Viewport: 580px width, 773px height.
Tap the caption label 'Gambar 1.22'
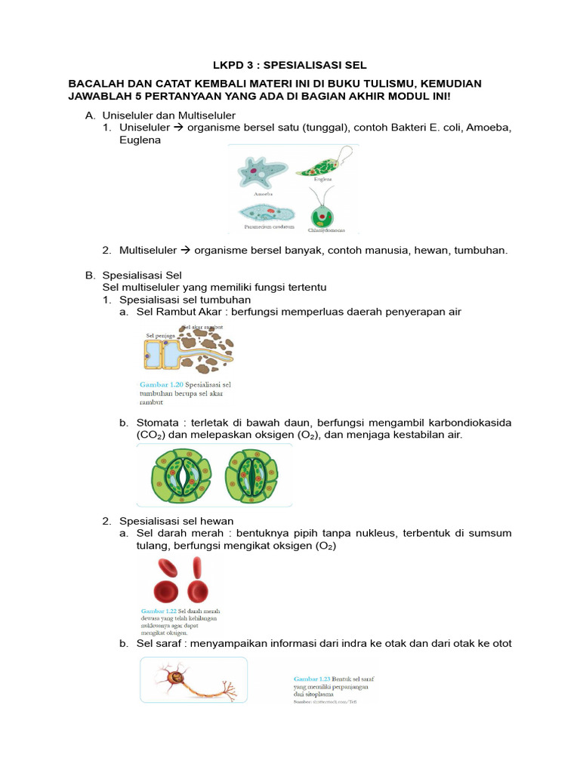[x=159, y=610]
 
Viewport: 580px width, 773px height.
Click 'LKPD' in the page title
[x=231, y=66]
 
